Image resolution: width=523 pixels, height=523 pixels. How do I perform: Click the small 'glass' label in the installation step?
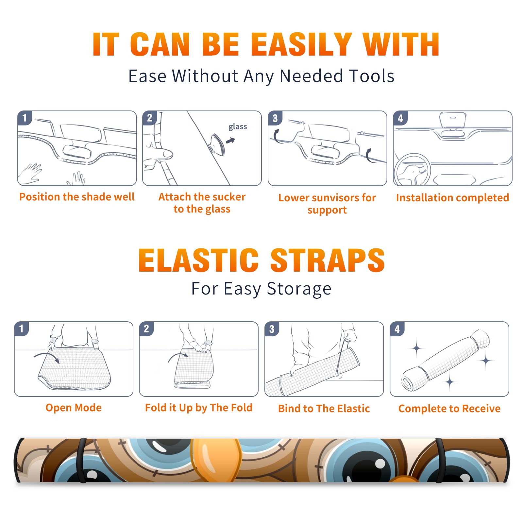(x=238, y=127)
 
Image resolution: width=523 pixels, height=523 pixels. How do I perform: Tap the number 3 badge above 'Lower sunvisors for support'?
(x=275, y=118)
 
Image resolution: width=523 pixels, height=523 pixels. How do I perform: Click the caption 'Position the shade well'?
(x=77, y=197)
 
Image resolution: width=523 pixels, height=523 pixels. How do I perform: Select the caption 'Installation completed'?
(x=452, y=197)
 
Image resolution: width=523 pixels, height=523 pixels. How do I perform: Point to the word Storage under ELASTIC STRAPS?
(x=299, y=289)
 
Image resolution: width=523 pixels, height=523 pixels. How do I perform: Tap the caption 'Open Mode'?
(x=74, y=408)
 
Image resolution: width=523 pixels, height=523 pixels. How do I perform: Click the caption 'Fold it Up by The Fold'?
(x=199, y=408)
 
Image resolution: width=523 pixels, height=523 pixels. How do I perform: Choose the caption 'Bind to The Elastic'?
(x=324, y=408)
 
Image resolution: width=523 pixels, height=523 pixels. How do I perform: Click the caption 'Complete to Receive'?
(x=449, y=408)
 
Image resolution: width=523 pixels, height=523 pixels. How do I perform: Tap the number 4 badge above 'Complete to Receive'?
(x=397, y=329)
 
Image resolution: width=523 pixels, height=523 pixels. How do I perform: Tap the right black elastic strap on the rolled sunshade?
(x=440, y=461)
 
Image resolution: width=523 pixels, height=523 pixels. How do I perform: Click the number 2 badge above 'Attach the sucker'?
(x=150, y=118)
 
